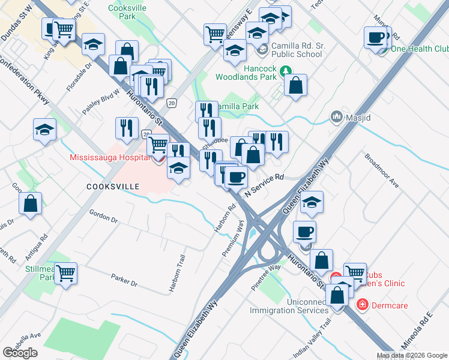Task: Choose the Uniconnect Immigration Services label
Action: point(289,306)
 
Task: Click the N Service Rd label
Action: point(264,185)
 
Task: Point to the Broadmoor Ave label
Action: point(382,170)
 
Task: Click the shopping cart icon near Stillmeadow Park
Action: point(65,274)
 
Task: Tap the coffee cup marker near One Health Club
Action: point(376,37)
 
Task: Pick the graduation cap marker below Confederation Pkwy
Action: point(44,130)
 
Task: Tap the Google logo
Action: point(20,353)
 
